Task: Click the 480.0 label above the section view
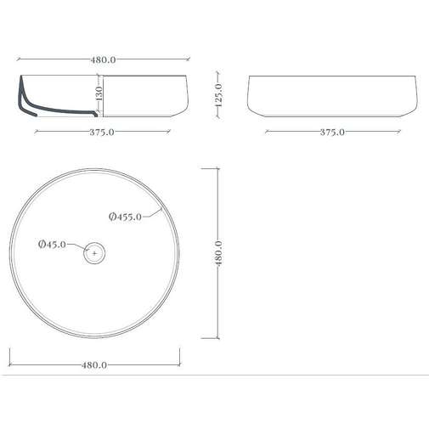pos(103,60)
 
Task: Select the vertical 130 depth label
pos(99,95)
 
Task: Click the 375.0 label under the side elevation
pos(332,133)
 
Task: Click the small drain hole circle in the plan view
pos(94,252)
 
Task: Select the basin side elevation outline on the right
pos(332,97)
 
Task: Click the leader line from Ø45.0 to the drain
pos(76,246)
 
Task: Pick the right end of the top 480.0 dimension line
pos(189,61)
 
